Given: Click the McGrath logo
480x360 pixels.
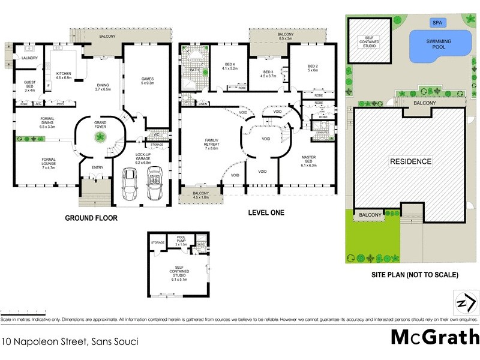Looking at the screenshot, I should tap(435, 337).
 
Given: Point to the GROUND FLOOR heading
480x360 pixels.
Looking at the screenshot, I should tap(91, 218).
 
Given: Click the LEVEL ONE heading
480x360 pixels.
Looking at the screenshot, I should tap(266, 212).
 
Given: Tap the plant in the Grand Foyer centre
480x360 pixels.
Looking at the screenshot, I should tap(97, 138).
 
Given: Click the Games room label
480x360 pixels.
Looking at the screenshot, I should tap(148, 81).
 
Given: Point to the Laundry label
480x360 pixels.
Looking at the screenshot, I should tap(29, 58).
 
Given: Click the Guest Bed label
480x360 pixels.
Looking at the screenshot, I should tap(29, 85).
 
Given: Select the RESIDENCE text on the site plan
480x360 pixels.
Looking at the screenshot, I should tap(411, 161).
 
